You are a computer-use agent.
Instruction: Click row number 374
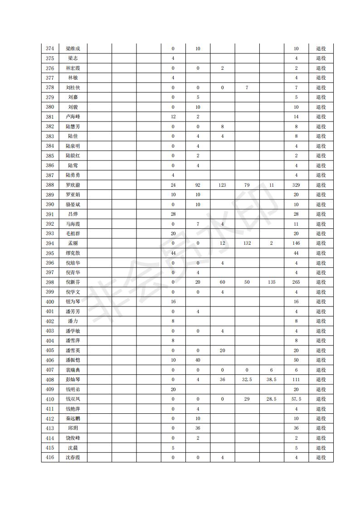click(x=50, y=48)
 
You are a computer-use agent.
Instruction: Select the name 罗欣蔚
click(x=73, y=185)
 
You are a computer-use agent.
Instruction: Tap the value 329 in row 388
click(x=296, y=185)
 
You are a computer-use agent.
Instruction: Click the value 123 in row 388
click(x=222, y=185)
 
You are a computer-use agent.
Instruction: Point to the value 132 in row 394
click(x=247, y=243)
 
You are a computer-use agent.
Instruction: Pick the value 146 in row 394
click(x=296, y=243)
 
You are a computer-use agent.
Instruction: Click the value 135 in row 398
click(x=271, y=282)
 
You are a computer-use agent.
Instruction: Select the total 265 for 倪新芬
click(x=296, y=282)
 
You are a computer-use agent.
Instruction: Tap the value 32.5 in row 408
click(x=247, y=380)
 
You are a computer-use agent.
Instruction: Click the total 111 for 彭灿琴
click(x=296, y=380)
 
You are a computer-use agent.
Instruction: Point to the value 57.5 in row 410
click(x=296, y=399)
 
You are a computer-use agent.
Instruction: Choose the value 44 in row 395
click(x=173, y=253)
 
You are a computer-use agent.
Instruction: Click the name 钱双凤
click(x=73, y=399)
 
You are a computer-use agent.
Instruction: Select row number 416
click(x=50, y=458)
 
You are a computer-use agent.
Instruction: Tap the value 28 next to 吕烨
click(x=173, y=214)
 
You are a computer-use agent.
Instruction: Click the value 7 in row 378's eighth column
click(x=247, y=87)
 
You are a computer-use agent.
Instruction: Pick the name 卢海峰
click(x=73, y=116)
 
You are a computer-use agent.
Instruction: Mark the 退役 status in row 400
click(x=321, y=302)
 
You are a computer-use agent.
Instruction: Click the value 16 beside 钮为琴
click(x=173, y=302)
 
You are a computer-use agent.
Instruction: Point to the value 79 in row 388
click(x=247, y=185)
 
